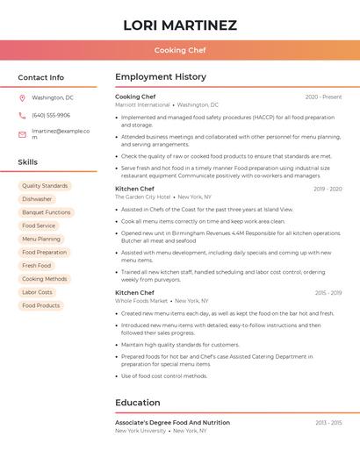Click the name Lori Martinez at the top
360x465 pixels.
coord(180,25)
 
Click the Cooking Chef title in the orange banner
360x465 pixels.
coord(180,50)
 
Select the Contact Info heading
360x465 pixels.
coord(41,77)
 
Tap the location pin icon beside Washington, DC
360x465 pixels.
coord(22,98)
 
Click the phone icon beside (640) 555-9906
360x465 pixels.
coord(22,116)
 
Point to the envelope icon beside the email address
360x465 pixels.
coord(22,134)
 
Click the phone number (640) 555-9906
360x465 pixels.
coord(51,116)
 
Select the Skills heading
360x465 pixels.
coord(28,162)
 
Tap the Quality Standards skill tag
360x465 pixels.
coord(45,186)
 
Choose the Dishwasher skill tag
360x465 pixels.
coord(37,199)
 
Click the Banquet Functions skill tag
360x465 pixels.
coord(47,212)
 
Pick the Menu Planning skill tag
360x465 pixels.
coord(41,239)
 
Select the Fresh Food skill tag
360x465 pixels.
coord(37,265)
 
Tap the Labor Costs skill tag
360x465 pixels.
coord(38,292)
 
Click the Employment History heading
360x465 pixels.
coord(161,77)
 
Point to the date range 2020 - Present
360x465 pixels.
coord(323,97)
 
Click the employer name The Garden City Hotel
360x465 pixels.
coord(143,197)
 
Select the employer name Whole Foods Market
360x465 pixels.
coord(141,301)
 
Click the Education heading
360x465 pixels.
coord(138,403)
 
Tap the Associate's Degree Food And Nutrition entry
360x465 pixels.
coord(172,423)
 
